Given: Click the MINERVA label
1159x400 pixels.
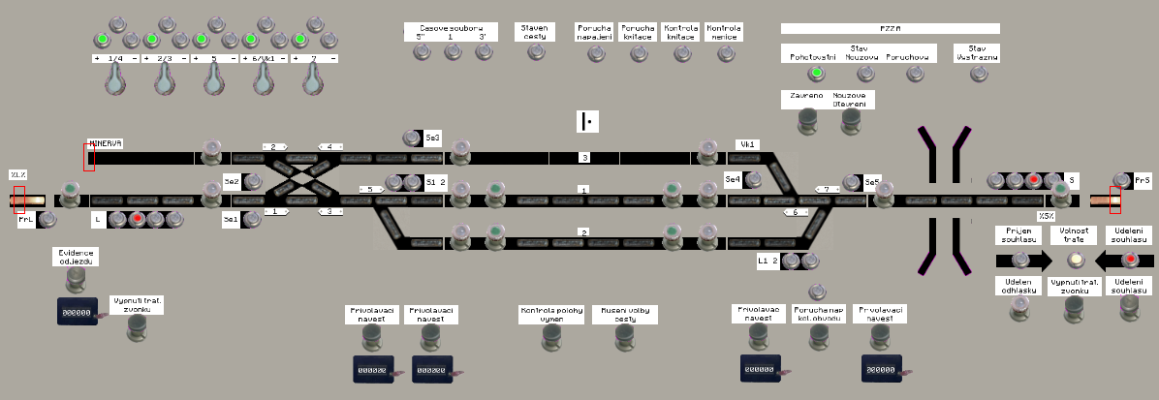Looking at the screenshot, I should (x=106, y=143).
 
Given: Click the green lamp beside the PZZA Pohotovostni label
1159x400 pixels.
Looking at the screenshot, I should (x=816, y=74).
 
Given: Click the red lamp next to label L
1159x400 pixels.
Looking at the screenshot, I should (x=137, y=219).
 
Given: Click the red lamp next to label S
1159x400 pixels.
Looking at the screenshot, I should (x=1034, y=180).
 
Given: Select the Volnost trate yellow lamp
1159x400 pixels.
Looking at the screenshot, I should (x=1074, y=260).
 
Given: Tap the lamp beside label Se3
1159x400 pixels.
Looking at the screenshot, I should (x=410, y=138).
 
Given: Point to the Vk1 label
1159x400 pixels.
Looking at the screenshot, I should (x=747, y=144).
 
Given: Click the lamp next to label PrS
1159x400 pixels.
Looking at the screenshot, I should (x=1121, y=180).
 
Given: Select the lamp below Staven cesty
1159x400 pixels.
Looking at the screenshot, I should (x=535, y=51).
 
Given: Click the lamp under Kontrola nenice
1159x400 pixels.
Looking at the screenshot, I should (x=725, y=52).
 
